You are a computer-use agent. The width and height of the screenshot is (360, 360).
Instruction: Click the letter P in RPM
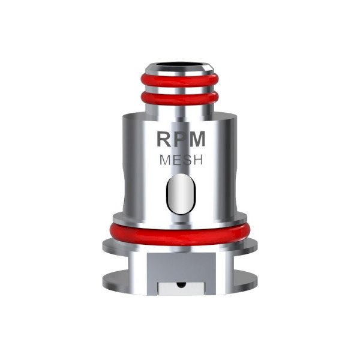[x=181, y=139]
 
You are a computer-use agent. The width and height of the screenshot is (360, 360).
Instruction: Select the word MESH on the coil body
[x=181, y=161]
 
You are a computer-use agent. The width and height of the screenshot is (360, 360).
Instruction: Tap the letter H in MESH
[x=199, y=161]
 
